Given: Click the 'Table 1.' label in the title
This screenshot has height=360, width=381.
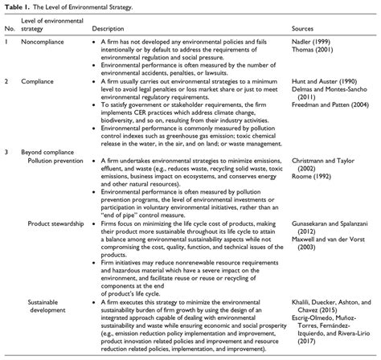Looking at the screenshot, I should pos(17,6).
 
